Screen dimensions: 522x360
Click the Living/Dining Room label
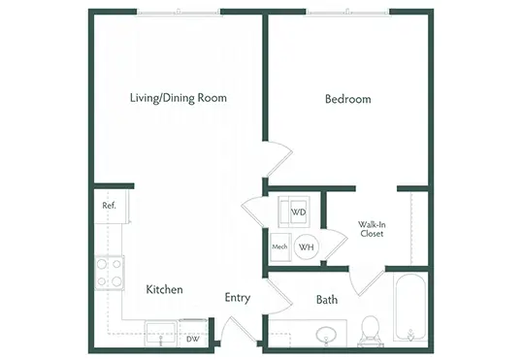point(179,98)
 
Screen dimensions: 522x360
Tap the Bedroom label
point(348,99)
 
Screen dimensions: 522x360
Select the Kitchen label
point(164,289)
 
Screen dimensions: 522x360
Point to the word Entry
point(238,297)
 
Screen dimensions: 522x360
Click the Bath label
point(327,300)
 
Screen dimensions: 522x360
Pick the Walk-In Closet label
point(372,229)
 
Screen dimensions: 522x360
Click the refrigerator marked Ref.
point(112,207)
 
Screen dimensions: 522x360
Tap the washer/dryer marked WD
point(294,213)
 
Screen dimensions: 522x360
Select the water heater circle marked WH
point(307,246)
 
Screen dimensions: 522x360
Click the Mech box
point(280,247)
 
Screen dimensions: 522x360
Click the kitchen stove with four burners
point(110,273)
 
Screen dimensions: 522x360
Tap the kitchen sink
point(161,334)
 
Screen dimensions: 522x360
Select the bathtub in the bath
point(410,308)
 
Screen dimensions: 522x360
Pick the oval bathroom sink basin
point(326,335)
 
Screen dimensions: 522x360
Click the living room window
point(179,13)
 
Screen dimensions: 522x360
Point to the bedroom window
point(347,13)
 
